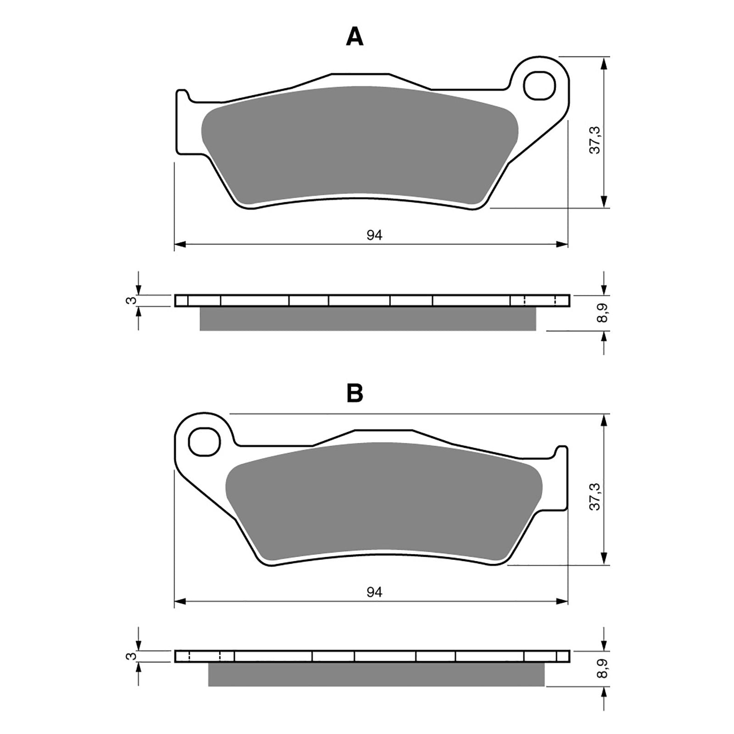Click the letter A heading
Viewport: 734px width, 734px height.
[x=354, y=37]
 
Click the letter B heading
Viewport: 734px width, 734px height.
[x=355, y=393]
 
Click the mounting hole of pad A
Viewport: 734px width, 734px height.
[x=540, y=85]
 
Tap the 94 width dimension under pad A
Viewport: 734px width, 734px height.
[x=374, y=235]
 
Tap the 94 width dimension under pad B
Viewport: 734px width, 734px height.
[x=374, y=592]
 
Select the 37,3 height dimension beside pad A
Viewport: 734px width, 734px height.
[x=595, y=140]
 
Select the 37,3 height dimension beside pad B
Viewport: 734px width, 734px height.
[x=595, y=496]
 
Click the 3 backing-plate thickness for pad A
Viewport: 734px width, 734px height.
[x=132, y=300]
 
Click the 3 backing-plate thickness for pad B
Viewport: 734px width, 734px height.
[x=132, y=656]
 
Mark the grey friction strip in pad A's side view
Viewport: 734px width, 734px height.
[x=367, y=319]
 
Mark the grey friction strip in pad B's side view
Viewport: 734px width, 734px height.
[x=376, y=674]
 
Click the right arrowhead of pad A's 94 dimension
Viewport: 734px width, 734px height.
[x=562, y=245]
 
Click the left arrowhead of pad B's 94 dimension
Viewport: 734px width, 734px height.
[x=180, y=601]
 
